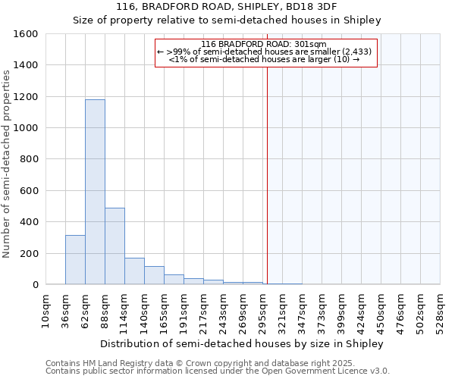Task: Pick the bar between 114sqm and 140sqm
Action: (x=134, y=271)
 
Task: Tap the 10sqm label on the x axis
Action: (x=45, y=312)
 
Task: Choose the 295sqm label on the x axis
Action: (x=263, y=312)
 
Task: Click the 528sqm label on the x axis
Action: (x=441, y=312)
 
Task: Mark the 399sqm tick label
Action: (x=342, y=312)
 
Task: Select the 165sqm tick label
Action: (x=165, y=312)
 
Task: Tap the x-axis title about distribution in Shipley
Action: (x=242, y=343)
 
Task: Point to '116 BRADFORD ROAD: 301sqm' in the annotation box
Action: (x=265, y=44)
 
